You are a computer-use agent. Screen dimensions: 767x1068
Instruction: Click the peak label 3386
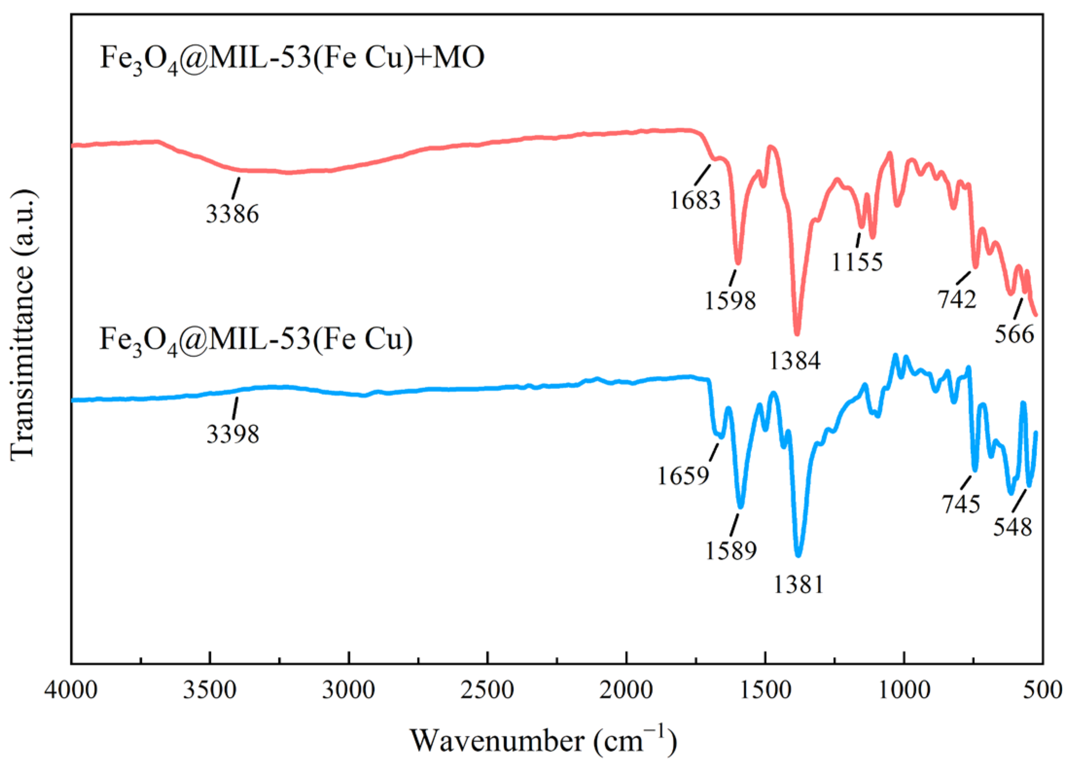(x=232, y=214)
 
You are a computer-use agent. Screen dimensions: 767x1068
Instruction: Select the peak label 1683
(x=695, y=200)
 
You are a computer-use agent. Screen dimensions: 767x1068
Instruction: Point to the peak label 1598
(x=730, y=300)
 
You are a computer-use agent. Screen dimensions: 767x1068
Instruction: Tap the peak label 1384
(x=795, y=360)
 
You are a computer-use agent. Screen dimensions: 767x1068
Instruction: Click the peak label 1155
(x=857, y=262)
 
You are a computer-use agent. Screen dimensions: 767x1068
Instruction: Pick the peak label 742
(x=957, y=299)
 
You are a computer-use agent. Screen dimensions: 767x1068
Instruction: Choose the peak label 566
(x=1014, y=334)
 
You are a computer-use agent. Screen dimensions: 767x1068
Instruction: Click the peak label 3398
(x=233, y=434)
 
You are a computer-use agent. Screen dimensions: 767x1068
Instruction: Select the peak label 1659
(x=683, y=476)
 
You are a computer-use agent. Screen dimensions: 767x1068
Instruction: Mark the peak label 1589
(x=731, y=551)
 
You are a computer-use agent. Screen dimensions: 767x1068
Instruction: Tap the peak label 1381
(x=799, y=584)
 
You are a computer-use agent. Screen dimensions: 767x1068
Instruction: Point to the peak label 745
(x=961, y=503)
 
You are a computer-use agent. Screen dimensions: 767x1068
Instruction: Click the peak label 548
(x=1012, y=527)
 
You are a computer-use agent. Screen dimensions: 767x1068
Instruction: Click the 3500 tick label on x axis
(x=210, y=690)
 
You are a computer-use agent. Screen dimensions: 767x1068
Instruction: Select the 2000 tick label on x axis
(x=626, y=690)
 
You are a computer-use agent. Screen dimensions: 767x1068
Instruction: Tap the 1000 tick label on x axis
(x=904, y=690)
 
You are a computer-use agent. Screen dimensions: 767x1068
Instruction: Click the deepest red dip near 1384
(x=797, y=333)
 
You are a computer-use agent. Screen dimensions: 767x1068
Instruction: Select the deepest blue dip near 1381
(x=798, y=554)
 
